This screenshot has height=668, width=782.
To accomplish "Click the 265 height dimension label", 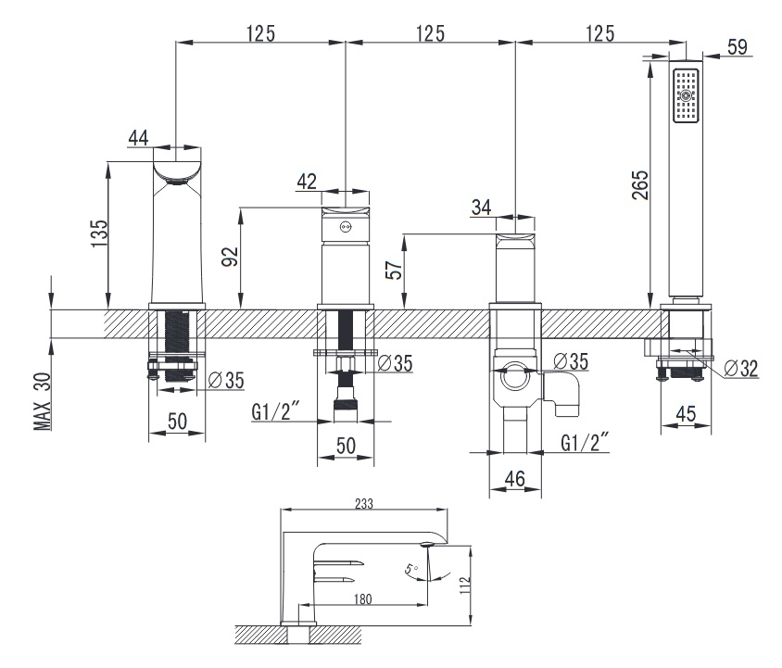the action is pos(640,185).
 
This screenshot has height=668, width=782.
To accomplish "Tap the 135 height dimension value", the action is pos(99,233).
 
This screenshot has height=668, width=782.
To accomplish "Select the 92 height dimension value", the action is pos(230,257).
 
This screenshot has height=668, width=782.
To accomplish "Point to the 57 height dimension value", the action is pos(394,270).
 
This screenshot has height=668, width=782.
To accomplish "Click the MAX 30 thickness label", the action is pos(43,401).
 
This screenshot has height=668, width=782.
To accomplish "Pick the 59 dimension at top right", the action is pos(738,47).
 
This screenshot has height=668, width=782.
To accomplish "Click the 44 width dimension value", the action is pos(138,138).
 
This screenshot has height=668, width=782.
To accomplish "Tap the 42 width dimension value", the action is pos(307,182).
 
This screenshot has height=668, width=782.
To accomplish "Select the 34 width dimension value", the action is pos(481,207).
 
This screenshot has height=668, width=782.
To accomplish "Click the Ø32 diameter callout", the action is pos(740,369).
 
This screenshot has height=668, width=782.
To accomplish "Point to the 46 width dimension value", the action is pos(514,479).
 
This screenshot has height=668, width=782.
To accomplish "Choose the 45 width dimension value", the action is pos(686,413).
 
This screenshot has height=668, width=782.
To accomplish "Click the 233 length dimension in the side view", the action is pos(364,504).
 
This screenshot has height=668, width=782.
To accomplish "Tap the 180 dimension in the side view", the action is pos(362,599).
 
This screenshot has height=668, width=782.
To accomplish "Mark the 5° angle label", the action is pos(411,568).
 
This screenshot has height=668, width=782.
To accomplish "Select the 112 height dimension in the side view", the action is pos(465,586).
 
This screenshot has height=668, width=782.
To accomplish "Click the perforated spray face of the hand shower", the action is pos(686,95).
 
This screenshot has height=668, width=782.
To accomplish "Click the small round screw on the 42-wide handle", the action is pos(345,228).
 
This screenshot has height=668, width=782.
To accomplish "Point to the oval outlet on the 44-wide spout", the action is pos(176,182).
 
